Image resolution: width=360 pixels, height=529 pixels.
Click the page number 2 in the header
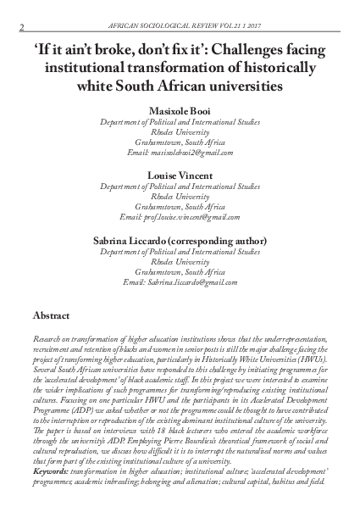click(x=20, y=29)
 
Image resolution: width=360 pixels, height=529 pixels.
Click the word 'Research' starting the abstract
click(x=47, y=337)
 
